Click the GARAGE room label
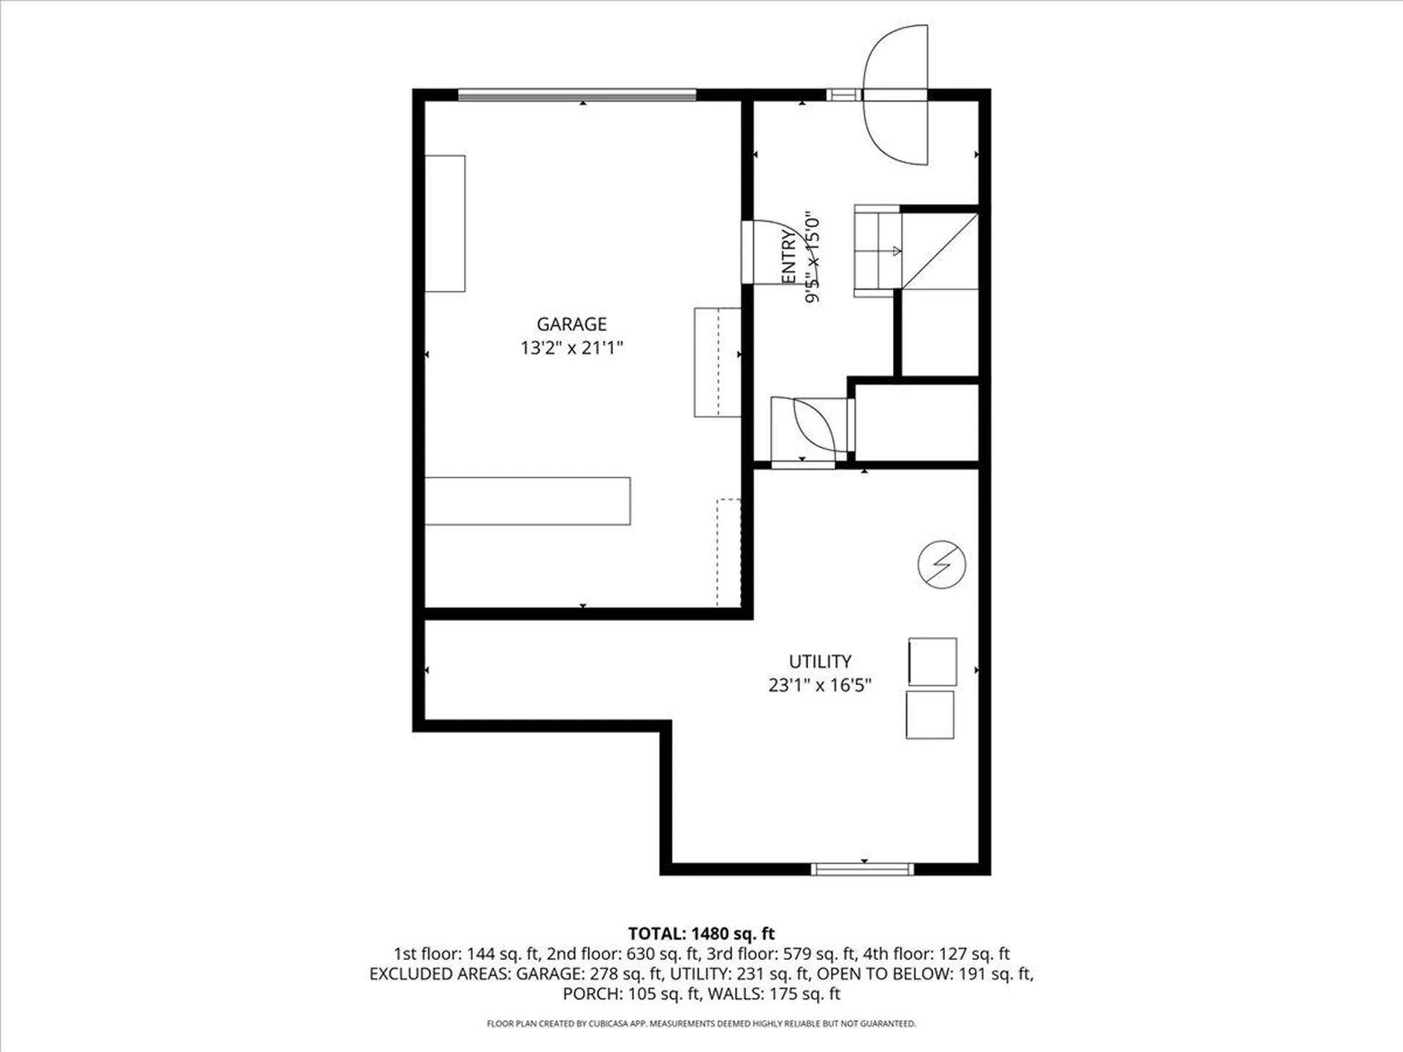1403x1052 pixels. (x=571, y=324)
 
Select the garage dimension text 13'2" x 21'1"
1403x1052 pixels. (x=571, y=348)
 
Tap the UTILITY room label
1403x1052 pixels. (x=820, y=661)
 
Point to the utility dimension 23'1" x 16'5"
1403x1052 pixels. (x=820, y=685)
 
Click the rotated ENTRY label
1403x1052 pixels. (x=788, y=256)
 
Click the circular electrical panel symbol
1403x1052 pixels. (x=942, y=565)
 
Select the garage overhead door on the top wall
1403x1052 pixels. (x=577, y=94)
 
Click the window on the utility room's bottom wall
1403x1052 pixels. (x=862, y=869)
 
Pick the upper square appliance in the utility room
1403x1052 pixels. (x=932, y=662)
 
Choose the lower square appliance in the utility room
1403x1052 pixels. (x=929, y=715)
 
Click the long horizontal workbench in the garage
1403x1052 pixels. (x=528, y=501)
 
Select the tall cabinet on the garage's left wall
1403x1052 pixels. (x=445, y=224)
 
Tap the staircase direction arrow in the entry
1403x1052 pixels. (x=897, y=251)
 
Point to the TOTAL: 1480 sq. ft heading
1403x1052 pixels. (x=701, y=934)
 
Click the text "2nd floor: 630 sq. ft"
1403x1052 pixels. (x=623, y=954)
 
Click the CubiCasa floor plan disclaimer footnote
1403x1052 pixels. (x=701, y=1024)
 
